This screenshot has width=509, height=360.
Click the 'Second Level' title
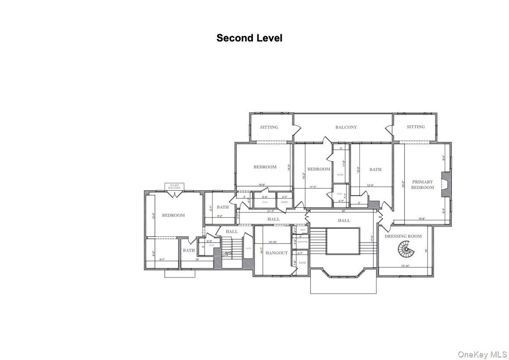coord(249,38)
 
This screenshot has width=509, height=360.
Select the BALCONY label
coord(346,127)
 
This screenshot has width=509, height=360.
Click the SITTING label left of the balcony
coord(269,127)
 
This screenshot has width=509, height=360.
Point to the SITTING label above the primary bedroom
coord(415,127)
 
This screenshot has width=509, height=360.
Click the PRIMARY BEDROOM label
coord(422,184)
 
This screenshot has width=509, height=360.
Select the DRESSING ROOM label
coord(403,236)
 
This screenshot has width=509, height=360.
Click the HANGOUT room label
coord(276,253)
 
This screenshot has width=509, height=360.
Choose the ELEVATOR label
coord(303,242)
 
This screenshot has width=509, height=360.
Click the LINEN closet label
coord(284,202)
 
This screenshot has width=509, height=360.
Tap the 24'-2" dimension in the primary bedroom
coord(403,184)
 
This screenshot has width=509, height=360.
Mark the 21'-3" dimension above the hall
coord(270,211)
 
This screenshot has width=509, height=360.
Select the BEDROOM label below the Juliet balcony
coord(173,215)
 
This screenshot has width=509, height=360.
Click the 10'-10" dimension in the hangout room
coord(274,242)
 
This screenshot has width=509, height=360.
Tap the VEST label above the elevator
coord(303,230)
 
